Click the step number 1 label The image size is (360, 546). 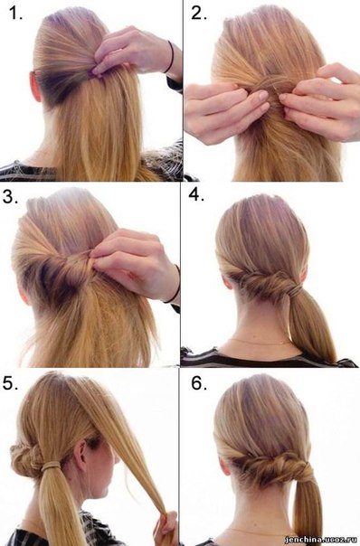(x=15, y=14)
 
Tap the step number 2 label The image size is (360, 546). (x=199, y=14)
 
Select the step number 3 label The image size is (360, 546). (x=11, y=197)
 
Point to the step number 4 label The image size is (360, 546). (x=196, y=194)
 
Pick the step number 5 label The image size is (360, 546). (x=11, y=382)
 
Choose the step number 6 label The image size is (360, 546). (x=199, y=383)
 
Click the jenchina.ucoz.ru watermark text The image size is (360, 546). (x=321, y=540)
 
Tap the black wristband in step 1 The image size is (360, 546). (x=171, y=57)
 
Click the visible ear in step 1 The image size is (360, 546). (x=35, y=87)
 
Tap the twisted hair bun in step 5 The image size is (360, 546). (x=26, y=460)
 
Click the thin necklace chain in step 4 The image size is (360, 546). (x=260, y=342)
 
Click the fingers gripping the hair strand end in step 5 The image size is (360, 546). (x=166, y=530)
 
